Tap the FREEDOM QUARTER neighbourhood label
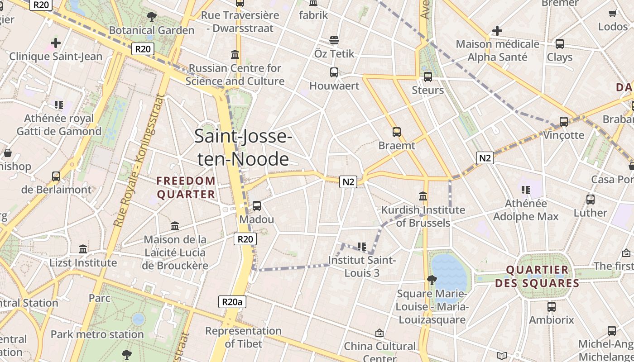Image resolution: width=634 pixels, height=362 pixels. (186, 187)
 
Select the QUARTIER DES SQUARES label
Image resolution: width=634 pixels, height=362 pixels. (537, 276)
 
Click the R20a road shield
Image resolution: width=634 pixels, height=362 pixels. (232, 302)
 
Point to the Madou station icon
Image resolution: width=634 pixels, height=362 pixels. (257, 206)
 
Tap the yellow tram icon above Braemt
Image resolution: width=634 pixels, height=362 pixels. (397, 132)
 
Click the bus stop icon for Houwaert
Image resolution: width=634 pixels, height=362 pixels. (334, 72)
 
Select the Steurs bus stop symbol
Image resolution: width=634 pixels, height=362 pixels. (427, 77)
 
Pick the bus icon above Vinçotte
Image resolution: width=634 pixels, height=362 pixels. (564, 121)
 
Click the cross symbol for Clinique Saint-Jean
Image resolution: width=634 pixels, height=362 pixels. (56, 43)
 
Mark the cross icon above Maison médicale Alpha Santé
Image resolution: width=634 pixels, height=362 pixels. (497, 31)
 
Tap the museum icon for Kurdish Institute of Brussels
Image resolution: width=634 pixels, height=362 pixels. (423, 196)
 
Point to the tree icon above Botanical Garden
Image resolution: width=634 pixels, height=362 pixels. (152, 17)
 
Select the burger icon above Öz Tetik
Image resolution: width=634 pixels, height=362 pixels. (334, 40)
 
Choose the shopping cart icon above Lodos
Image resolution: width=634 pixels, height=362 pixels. (613, 13)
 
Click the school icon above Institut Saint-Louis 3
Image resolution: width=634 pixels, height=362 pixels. (361, 247)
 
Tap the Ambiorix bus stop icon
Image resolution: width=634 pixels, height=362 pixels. (551, 307)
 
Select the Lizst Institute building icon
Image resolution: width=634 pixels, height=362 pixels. (83, 249)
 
